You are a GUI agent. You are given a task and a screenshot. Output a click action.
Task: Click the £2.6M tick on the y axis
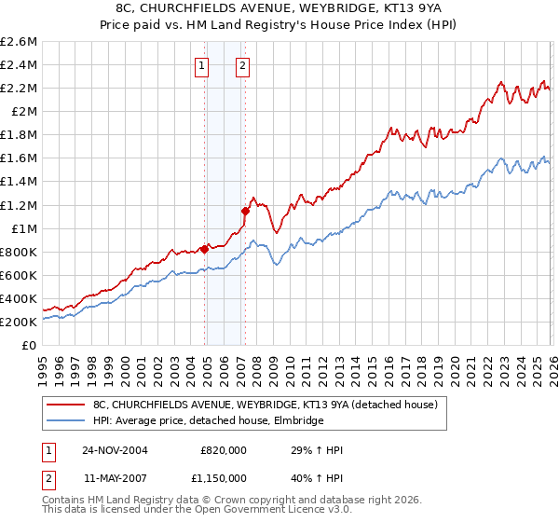tap(19, 42)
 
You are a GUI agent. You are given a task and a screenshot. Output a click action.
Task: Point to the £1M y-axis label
tap(22, 228)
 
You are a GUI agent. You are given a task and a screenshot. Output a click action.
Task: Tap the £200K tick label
tap(19, 322)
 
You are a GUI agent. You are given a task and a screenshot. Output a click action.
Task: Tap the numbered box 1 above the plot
tap(202, 65)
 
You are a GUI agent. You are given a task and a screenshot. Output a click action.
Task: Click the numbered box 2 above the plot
tap(242, 65)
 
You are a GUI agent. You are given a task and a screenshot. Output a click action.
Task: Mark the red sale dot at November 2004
tap(204, 249)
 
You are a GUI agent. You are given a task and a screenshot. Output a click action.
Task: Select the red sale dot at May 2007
tap(245, 211)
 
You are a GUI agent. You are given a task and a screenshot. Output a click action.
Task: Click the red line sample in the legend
tap(66, 405)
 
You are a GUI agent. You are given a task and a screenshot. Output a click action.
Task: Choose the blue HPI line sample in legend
tap(66, 421)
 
